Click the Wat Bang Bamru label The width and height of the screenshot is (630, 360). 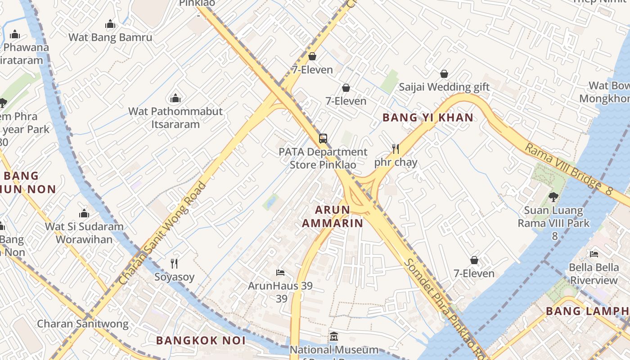(x=110, y=37)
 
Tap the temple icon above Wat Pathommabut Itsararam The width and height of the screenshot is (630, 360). (x=175, y=98)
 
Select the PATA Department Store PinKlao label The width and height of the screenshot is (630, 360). (x=323, y=158)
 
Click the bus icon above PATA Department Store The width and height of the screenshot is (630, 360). (x=323, y=139)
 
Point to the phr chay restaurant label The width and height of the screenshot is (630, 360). (x=396, y=162)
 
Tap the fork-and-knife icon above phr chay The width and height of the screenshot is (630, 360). (x=396, y=149)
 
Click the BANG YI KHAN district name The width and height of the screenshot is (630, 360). (x=427, y=118)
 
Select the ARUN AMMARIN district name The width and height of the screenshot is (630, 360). (x=333, y=216)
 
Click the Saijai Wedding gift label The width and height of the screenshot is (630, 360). (x=444, y=87)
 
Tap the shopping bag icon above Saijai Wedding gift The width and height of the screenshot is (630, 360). (x=444, y=74)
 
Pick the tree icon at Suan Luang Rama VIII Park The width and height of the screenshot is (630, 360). (x=553, y=197)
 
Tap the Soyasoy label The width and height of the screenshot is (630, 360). (x=175, y=277)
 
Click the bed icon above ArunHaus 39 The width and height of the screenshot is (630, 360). (x=280, y=273)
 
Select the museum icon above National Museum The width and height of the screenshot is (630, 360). (x=333, y=337)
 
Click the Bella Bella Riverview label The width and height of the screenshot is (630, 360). (x=594, y=274)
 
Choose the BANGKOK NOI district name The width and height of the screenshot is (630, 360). (x=201, y=341)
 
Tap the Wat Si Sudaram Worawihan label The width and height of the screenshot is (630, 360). (x=84, y=233)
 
